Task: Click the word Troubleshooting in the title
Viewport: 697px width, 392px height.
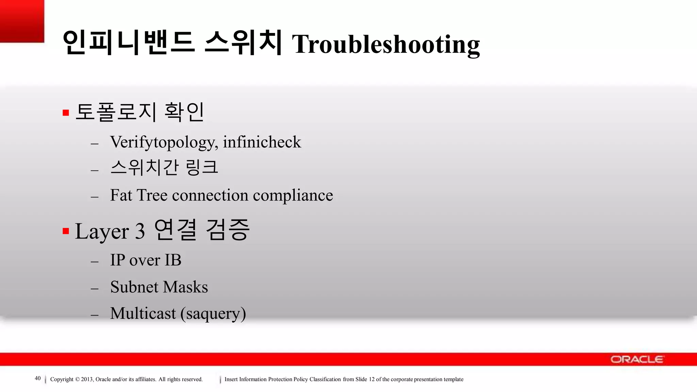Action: (x=386, y=44)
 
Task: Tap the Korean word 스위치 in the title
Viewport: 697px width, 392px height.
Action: (x=243, y=43)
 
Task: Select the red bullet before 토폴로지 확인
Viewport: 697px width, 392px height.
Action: (x=66, y=113)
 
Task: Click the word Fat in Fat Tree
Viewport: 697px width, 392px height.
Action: (x=121, y=195)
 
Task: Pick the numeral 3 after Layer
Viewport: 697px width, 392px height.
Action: (x=140, y=231)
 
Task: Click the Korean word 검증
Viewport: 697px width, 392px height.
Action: (x=228, y=230)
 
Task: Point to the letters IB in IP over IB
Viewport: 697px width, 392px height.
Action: (x=173, y=260)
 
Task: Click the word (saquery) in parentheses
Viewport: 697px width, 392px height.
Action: (x=213, y=314)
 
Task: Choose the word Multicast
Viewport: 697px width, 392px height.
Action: (x=143, y=313)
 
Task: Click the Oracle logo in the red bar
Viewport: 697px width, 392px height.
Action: (x=636, y=359)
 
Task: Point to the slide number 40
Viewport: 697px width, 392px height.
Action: (x=38, y=378)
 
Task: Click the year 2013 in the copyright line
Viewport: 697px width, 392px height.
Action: (x=87, y=379)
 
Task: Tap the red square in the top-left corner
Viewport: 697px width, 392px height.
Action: (x=22, y=21)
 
